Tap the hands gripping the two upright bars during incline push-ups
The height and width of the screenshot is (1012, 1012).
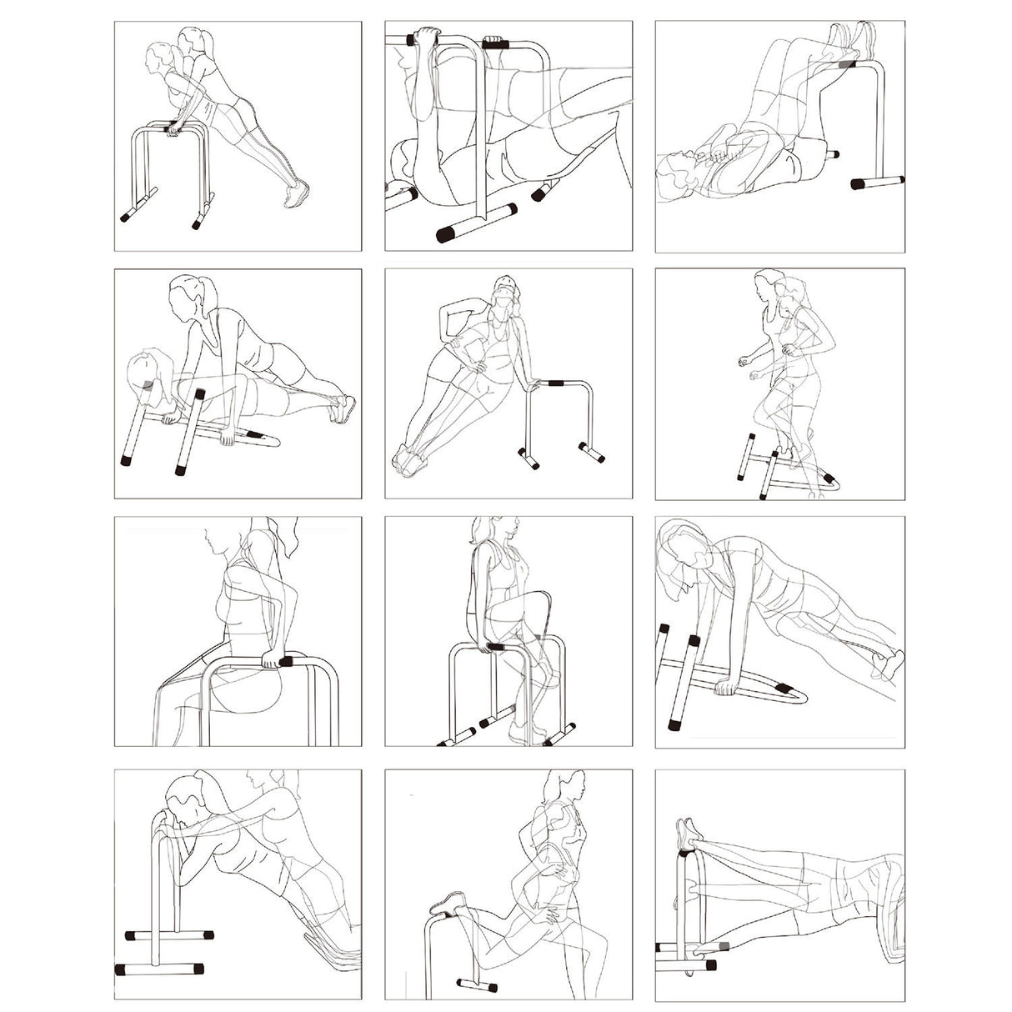(x=173, y=128)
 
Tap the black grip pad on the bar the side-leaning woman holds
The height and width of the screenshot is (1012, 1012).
(x=554, y=384)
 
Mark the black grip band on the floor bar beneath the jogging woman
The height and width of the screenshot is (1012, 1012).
(x=828, y=478)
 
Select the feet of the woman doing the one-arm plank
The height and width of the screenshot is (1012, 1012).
(x=888, y=664)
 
